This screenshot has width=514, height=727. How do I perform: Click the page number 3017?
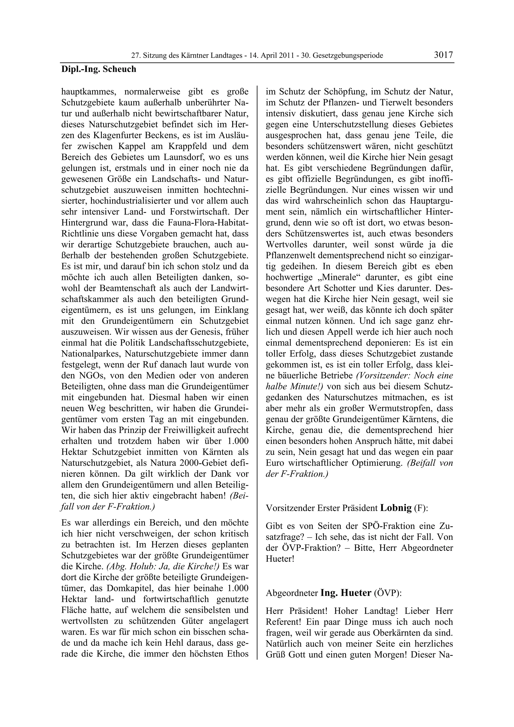tap(443, 55)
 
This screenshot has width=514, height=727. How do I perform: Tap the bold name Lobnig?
tap(396, 508)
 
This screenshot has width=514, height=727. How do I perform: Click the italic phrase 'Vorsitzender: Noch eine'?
tap(404, 376)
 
